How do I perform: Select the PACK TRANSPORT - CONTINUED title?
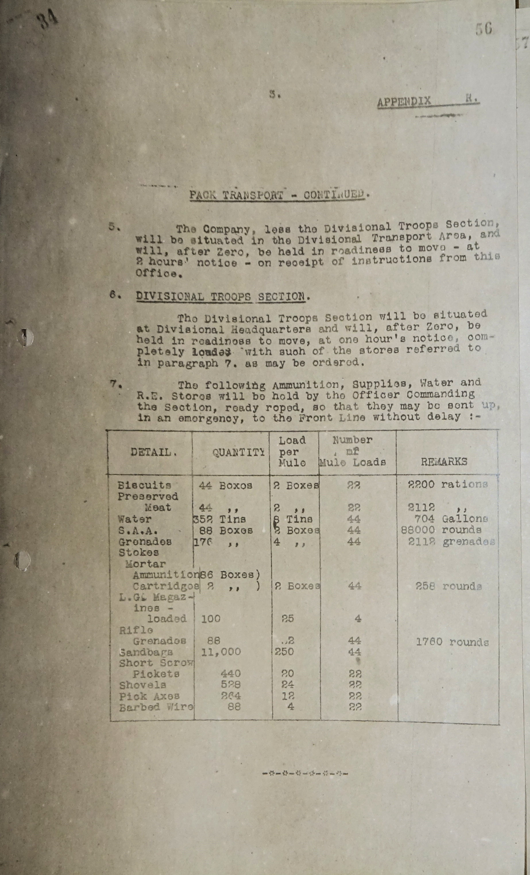[x=277, y=195]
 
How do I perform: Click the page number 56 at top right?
[x=484, y=29]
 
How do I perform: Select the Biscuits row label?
[x=144, y=485]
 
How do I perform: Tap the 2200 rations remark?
[x=448, y=484]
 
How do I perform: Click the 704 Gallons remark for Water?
[x=451, y=519]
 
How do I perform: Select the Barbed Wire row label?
[x=156, y=707]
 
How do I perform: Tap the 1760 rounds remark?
[x=452, y=642]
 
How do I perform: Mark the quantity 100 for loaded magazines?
[x=211, y=619]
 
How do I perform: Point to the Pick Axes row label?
[x=149, y=696]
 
